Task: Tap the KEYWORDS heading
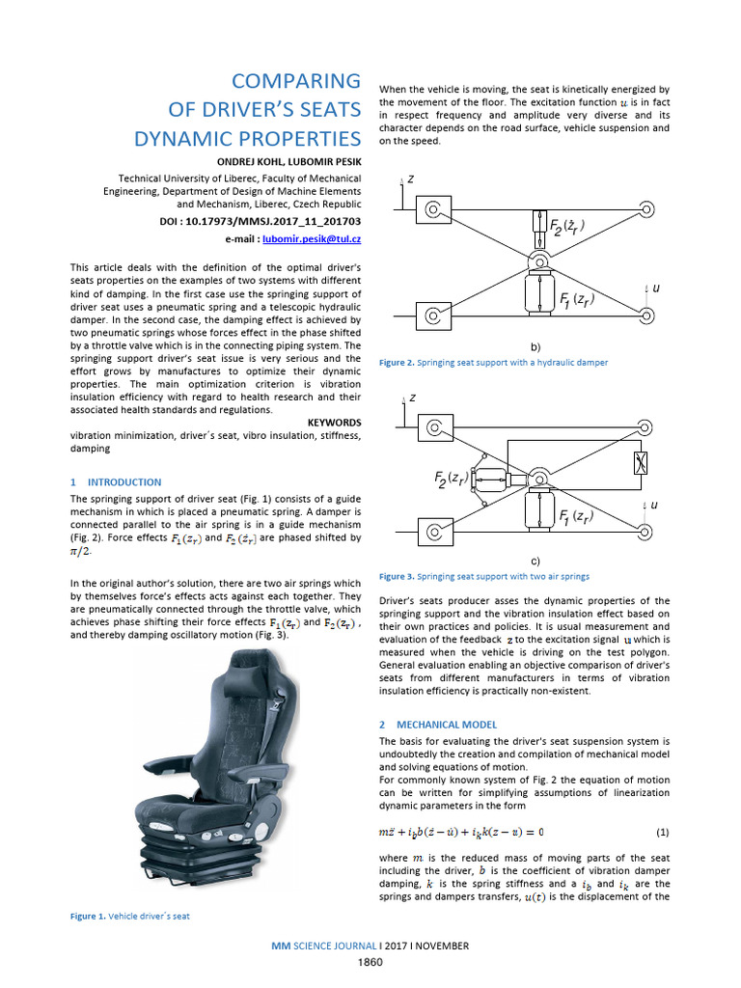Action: coord(333,423)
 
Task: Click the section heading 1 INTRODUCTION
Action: coord(116,481)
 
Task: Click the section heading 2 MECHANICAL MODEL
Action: coord(438,723)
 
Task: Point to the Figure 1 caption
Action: coord(129,916)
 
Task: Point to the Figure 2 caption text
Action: coord(494,362)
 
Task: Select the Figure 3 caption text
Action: coord(484,576)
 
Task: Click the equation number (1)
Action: coord(662,831)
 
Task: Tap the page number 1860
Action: coord(370,962)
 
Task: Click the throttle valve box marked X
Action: coord(637,465)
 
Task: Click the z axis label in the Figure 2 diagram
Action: coord(412,180)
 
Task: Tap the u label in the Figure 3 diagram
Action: coord(654,505)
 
